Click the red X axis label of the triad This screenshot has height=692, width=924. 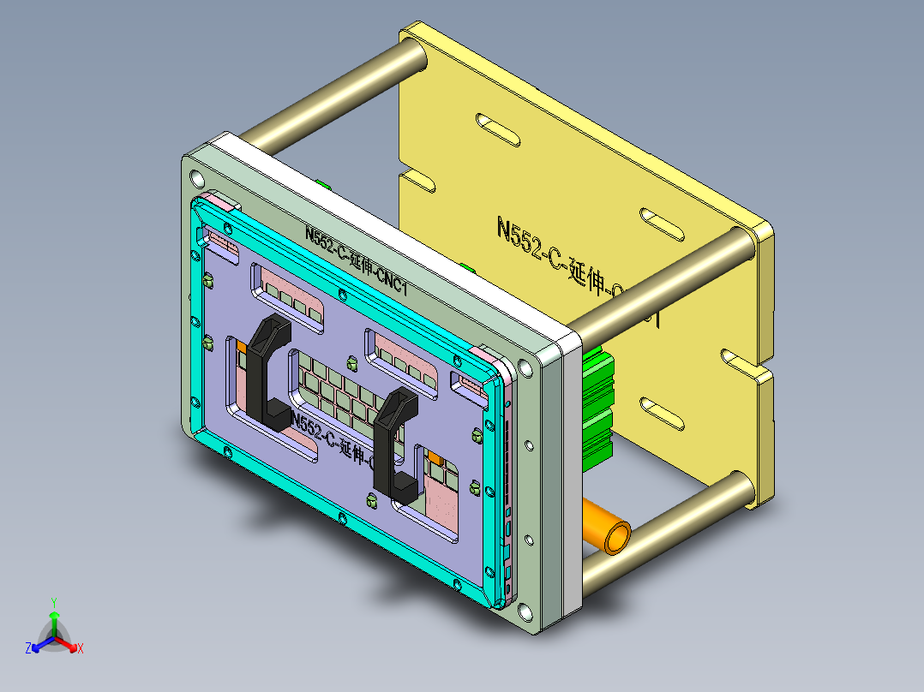[81, 649]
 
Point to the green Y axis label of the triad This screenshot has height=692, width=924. [53, 602]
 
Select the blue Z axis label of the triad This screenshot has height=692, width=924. [28, 649]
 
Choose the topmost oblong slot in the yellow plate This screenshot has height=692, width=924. [497, 127]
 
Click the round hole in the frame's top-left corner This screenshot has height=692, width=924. [197, 179]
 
